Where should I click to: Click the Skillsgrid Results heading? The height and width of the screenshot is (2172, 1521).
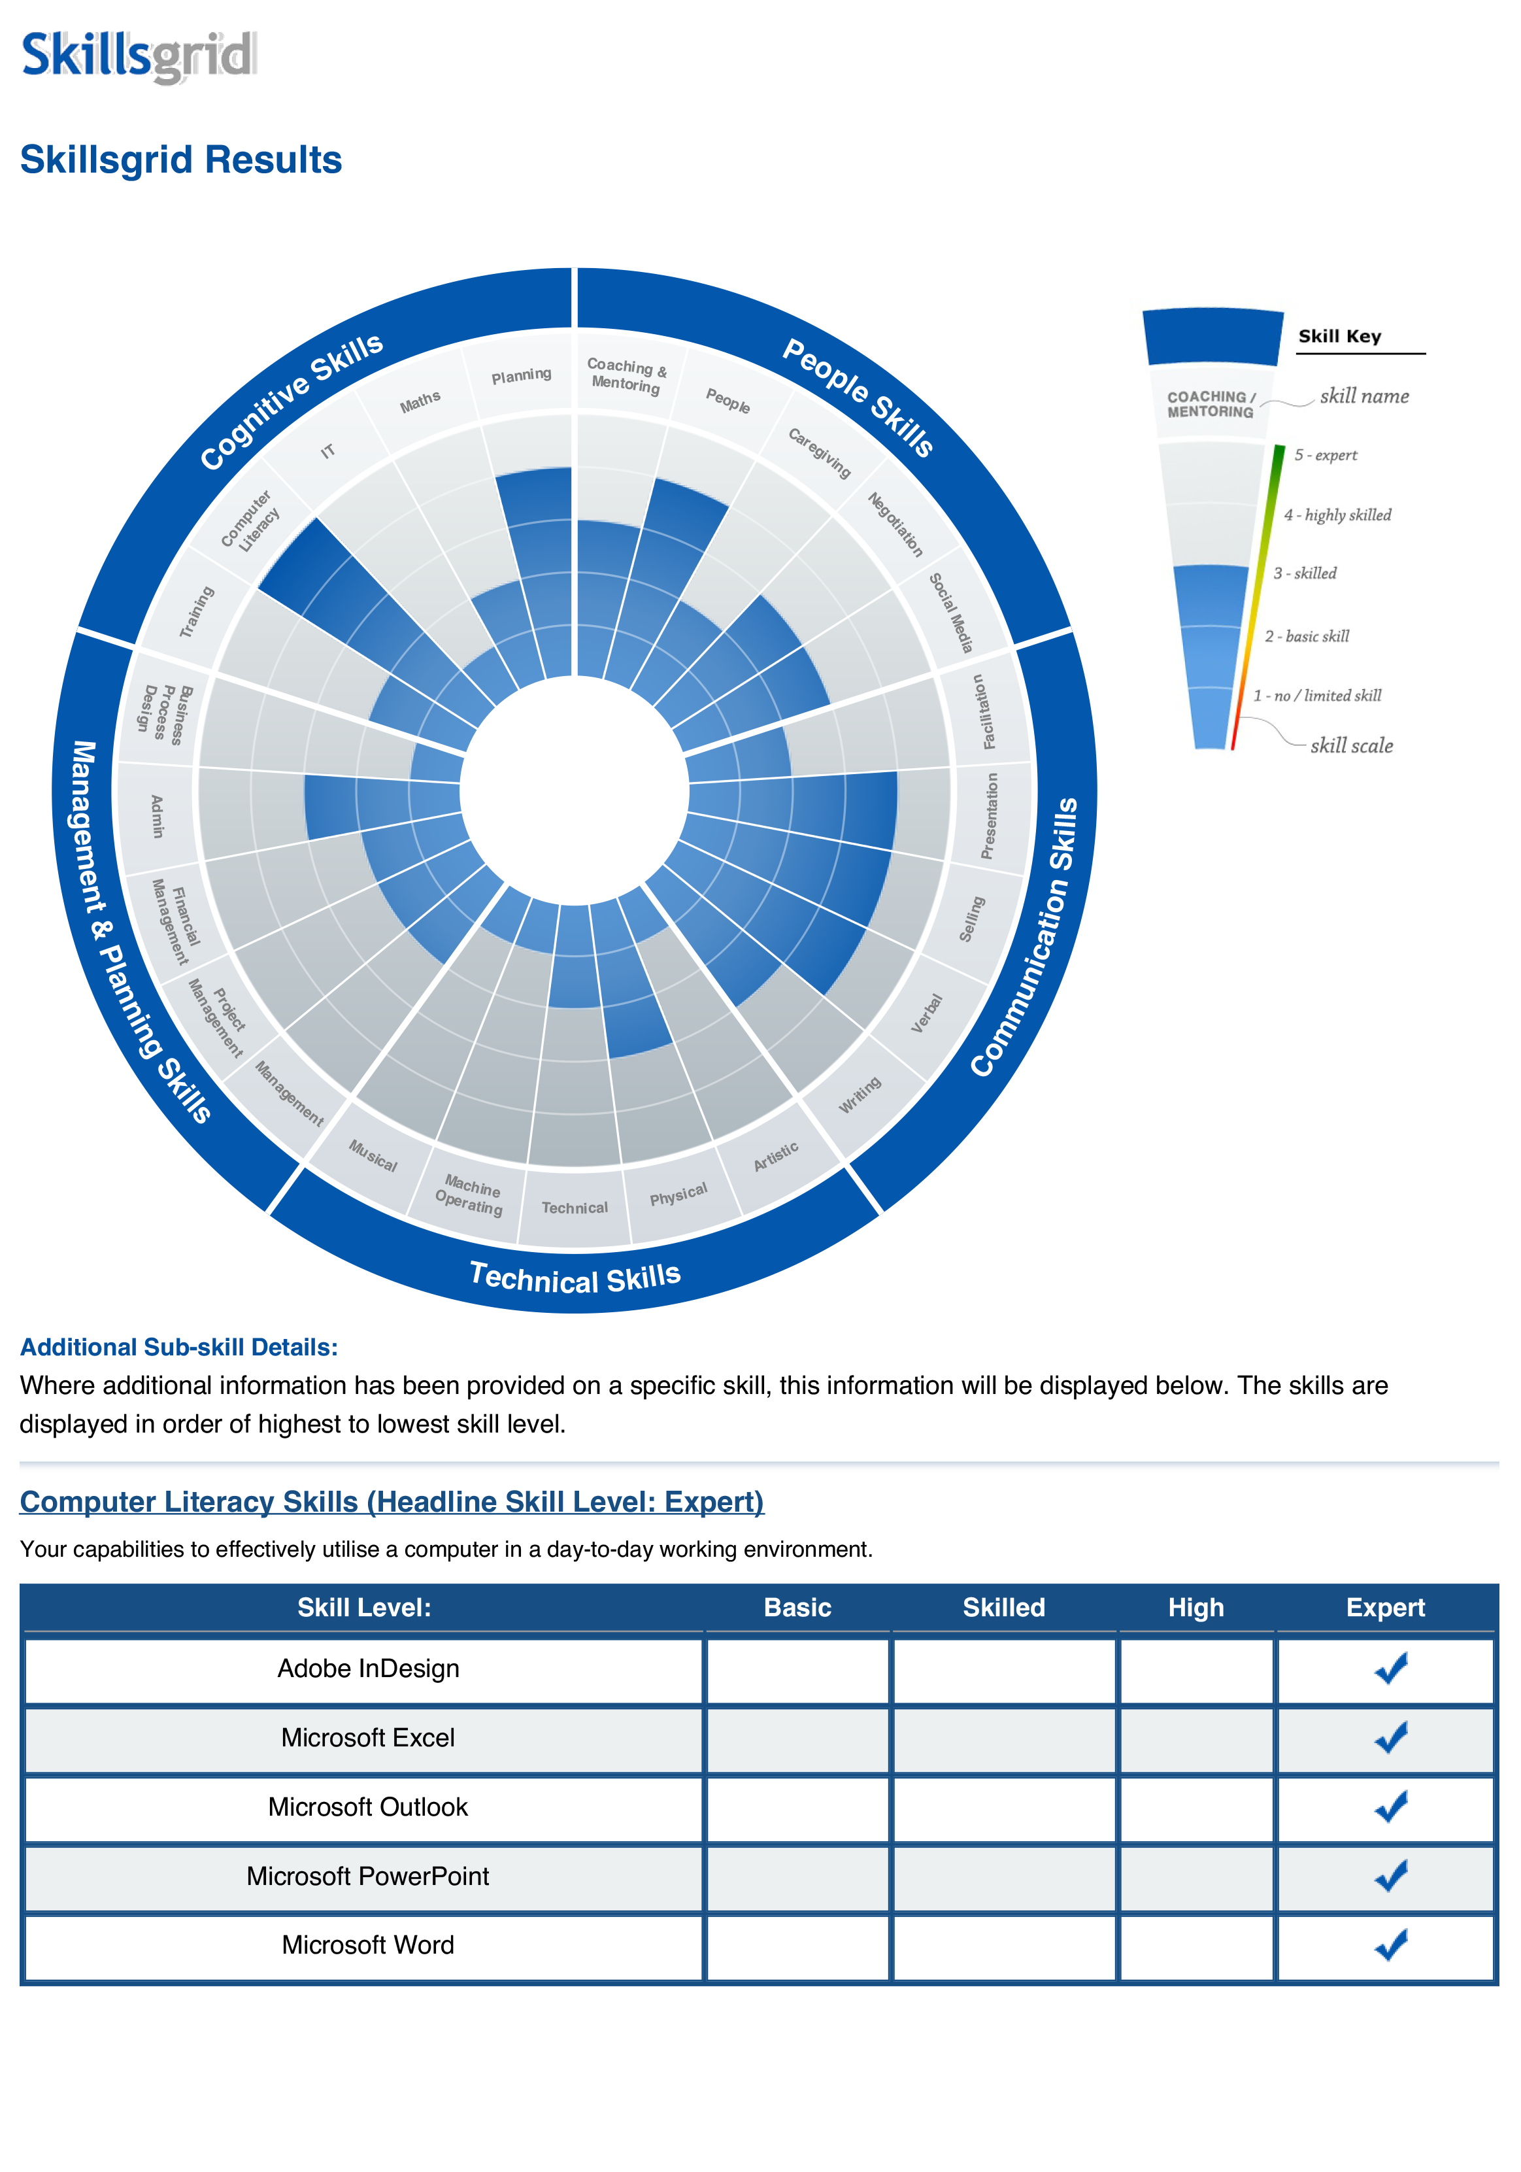[x=180, y=160]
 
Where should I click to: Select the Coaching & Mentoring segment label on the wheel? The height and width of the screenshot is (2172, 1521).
[x=626, y=375]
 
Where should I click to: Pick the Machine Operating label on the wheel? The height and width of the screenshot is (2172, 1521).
[x=470, y=1196]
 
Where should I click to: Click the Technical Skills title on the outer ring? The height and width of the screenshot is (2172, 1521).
[x=575, y=1278]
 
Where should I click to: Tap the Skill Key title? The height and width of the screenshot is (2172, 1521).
[x=1339, y=337]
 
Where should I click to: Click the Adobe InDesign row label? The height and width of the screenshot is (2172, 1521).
[x=368, y=1669]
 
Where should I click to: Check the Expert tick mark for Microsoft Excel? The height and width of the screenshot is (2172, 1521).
[x=1390, y=1738]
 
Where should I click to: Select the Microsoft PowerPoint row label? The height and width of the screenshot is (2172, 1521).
[x=368, y=1876]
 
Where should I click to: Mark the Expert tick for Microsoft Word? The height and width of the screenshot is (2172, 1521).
[x=1390, y=1945]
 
